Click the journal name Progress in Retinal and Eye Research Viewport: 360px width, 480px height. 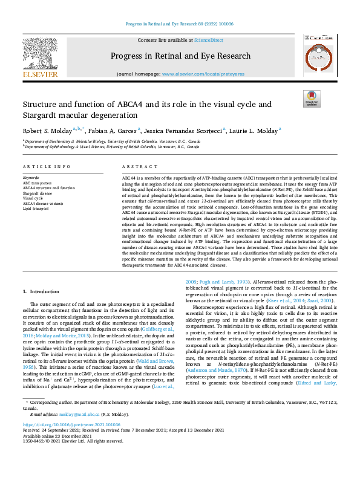click(180, 56)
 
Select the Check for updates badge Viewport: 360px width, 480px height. click(311, 99)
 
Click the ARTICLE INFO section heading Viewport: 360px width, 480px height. click(44, 166)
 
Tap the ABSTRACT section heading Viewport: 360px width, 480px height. click(135, 166)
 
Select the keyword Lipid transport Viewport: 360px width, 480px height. click(37, 209)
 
